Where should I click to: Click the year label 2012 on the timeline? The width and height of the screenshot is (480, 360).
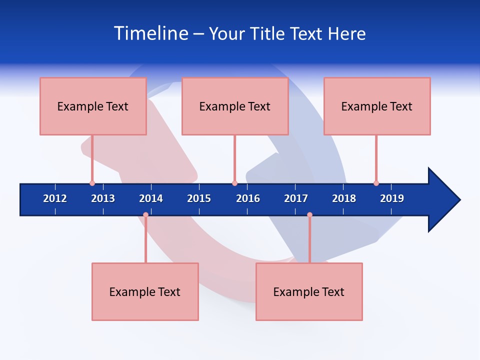(x=55, y=198)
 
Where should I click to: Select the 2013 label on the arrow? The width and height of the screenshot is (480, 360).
(x=103, y=198)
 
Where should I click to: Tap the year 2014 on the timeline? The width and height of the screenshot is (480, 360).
(x=151, y=198)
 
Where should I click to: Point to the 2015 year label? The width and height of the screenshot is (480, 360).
(x=199, y=198)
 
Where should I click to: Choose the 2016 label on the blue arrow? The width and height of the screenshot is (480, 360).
(x=248, y=198)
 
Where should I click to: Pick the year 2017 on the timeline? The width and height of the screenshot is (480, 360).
(x=296, y=198)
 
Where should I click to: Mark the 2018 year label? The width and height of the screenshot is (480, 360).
(x=344, y=198)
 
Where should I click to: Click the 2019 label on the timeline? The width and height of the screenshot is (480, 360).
(x=392, y=198)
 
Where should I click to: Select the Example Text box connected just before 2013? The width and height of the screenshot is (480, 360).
(x=93, y=106)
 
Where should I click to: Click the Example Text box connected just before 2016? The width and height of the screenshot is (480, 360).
(x=235, y=106)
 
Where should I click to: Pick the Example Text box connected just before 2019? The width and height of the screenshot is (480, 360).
(x=377, y=106)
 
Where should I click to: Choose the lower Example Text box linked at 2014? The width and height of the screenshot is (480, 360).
(x=145, y=291)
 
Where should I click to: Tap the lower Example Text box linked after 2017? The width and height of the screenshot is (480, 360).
(x=309, y=291)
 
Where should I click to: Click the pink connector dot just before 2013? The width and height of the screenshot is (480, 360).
(x=92, y=183)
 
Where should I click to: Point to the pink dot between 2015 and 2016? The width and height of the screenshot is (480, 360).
(x=234, y=183)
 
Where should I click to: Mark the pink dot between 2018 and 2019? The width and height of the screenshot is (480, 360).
(x=376, y=183)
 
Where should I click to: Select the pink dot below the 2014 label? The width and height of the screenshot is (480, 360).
(x=145, y=214)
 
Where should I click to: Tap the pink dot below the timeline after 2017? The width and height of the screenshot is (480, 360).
(x=309, y=214)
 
